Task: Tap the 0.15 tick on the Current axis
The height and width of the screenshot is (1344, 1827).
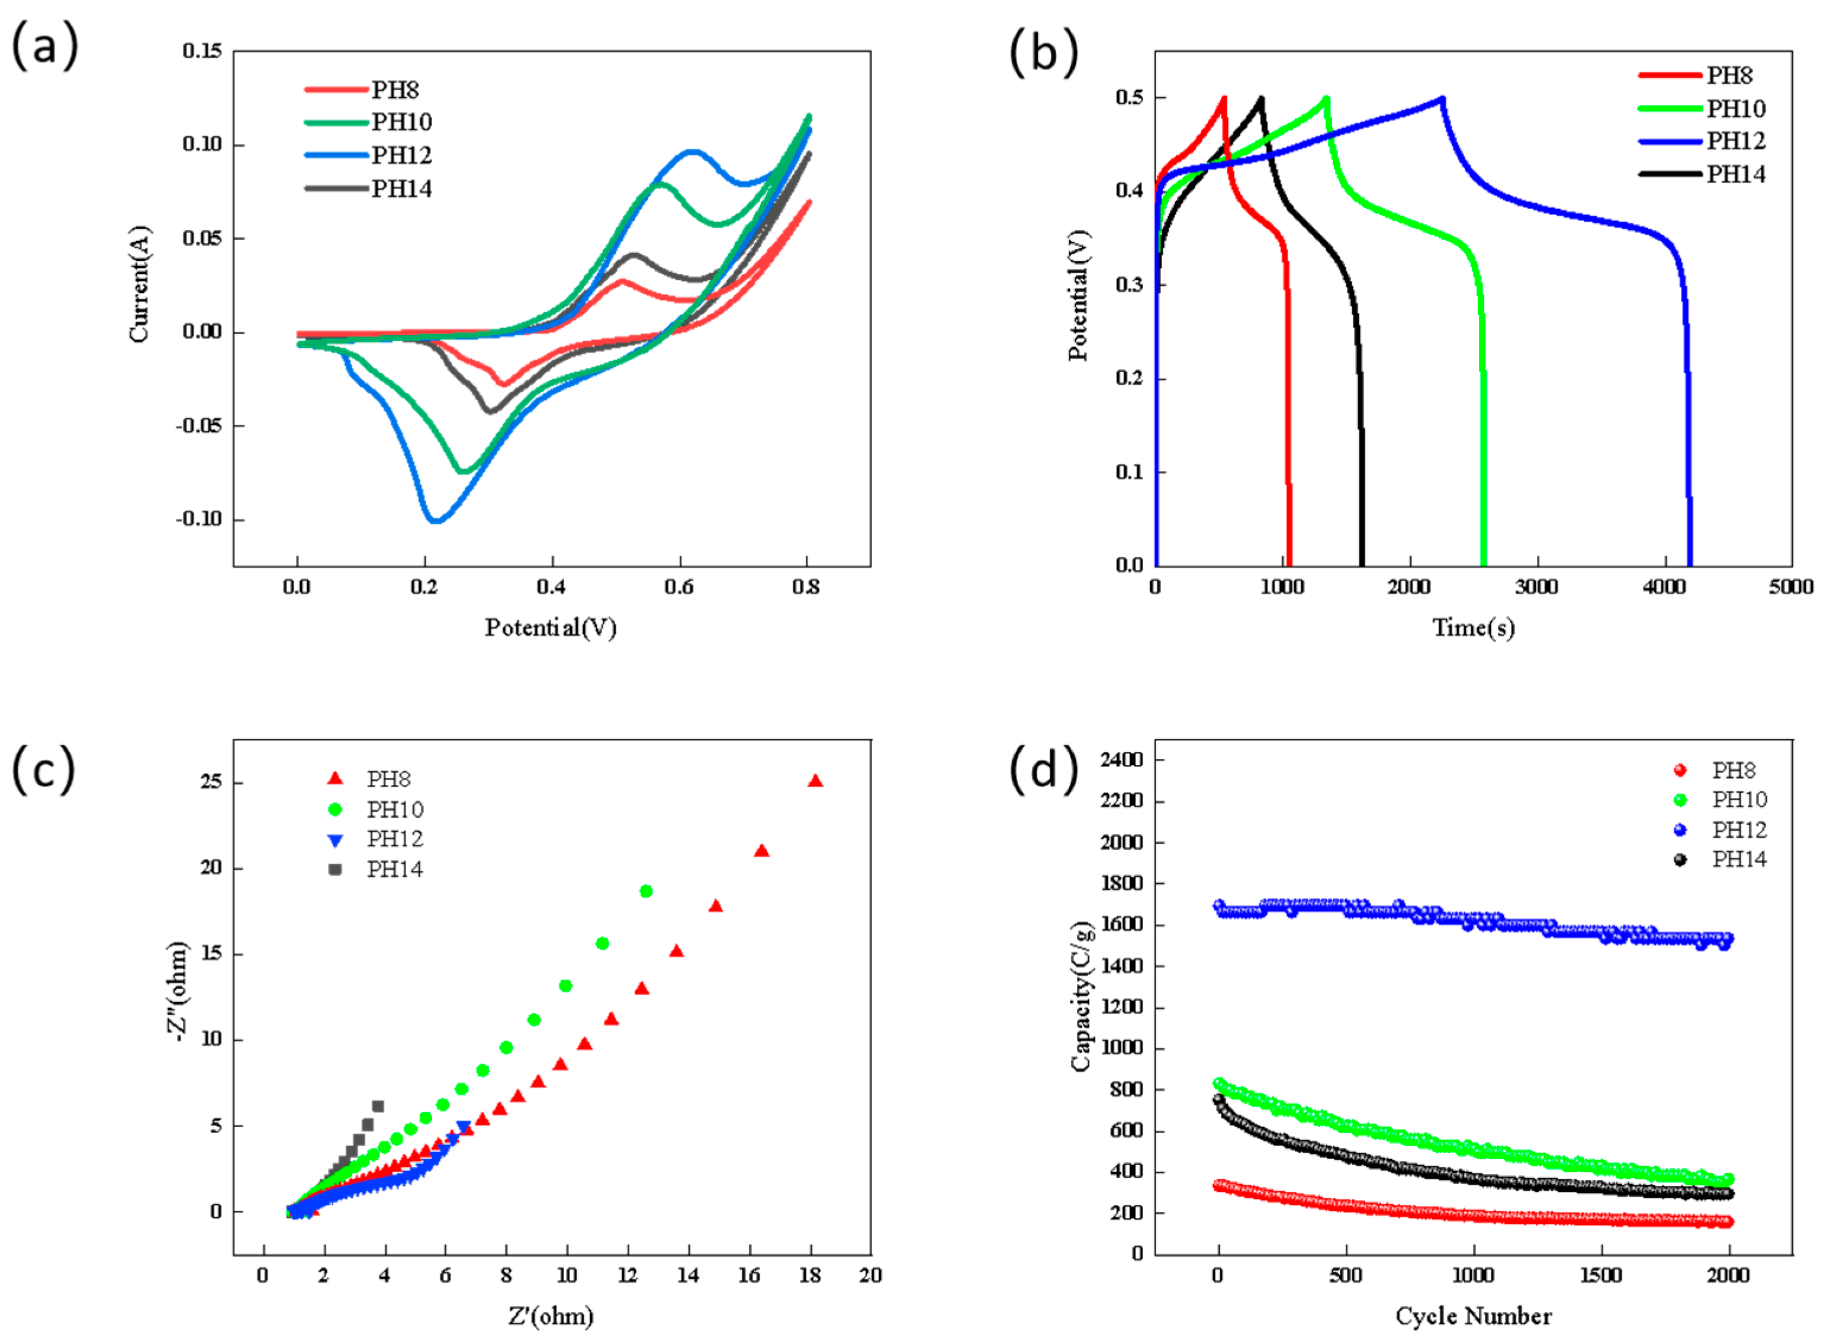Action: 202,51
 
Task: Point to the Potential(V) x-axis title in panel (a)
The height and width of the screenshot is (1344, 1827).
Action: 551,628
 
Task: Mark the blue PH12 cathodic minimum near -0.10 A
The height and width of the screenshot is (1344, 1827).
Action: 436,521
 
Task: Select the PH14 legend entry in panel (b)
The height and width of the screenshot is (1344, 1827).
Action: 1734,174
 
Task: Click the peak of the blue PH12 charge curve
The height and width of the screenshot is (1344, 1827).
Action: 1442,98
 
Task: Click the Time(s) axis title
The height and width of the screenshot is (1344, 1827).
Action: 1473,628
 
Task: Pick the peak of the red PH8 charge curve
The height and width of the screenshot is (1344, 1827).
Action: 1224,98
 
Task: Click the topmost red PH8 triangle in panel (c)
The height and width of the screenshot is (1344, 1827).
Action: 815,782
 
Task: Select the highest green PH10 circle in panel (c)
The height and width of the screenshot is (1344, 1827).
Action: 646,891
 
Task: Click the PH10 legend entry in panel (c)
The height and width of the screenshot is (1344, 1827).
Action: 394,810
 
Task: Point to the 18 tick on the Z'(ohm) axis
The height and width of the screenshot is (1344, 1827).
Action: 809,1276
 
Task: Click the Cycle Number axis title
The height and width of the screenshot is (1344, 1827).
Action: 1473,1316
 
